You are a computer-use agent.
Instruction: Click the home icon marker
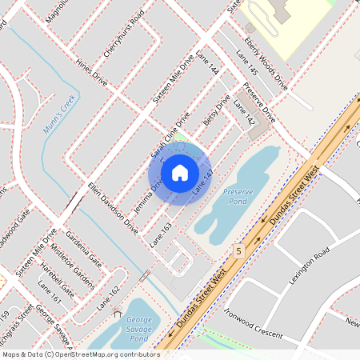179,173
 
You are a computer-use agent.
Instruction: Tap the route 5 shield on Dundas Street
238,251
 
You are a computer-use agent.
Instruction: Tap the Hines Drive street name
90,76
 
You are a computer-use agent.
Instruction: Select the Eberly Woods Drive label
266,60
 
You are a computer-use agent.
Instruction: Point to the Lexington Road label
310,265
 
